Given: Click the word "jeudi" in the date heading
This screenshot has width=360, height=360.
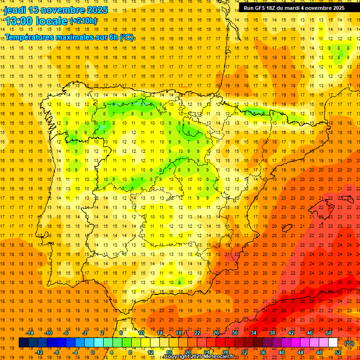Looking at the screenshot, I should [x=15, y=10].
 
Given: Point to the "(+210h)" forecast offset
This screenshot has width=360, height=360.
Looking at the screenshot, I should [x=83, y=21].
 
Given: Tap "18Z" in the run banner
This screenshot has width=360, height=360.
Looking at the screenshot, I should [x=276, y=8].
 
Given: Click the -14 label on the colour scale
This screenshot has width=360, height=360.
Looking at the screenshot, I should [x=30, y=333].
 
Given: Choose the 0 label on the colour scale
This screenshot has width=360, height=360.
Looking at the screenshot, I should [x=92, y=352].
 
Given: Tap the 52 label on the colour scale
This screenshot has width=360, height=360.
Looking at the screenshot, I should [x=338, y=352].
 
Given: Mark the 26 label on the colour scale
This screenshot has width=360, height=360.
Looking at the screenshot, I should [x=216, y=333].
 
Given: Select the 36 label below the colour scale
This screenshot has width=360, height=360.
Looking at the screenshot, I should [x=263, y=352].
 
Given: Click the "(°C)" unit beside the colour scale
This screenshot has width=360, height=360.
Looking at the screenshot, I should [x=349, y=343].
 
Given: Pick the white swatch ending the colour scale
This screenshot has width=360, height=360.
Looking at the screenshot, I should [x=333, y=343].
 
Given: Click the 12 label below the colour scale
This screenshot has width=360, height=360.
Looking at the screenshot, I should [x=150, y=352].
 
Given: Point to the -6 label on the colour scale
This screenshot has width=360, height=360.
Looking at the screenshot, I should [x=66, y=333].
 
